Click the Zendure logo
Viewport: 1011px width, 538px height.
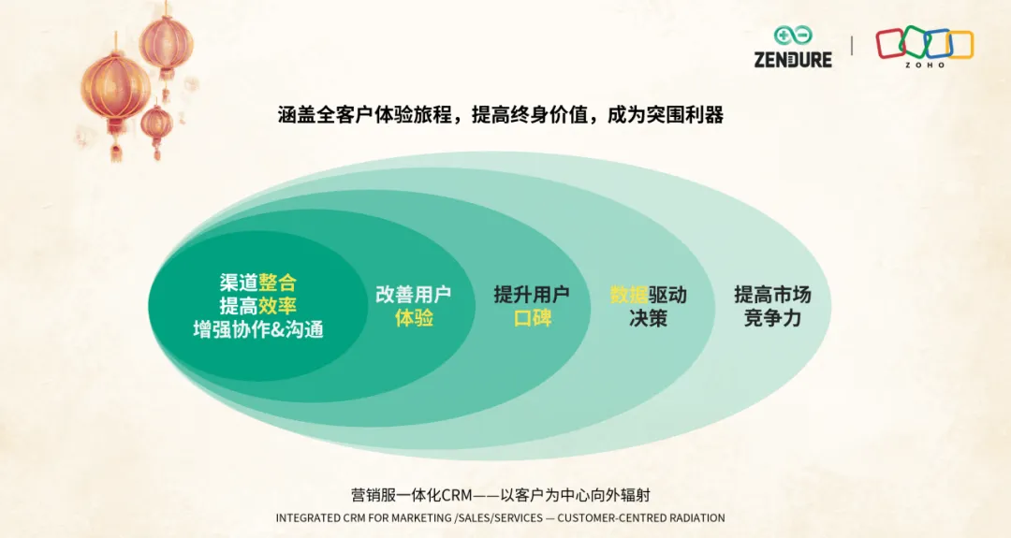tap(793, 47)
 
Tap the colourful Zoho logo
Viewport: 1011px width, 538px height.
tap(925, 47)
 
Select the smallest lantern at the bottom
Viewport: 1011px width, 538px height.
tap(156, 129)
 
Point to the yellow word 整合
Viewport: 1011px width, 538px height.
tap(277, 283)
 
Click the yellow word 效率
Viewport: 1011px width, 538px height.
tap(277, 305)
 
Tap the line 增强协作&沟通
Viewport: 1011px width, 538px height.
tap(258, 329)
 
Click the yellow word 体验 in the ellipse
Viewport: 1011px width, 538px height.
tap(414, 317)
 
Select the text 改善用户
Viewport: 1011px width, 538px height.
tap(414, 295)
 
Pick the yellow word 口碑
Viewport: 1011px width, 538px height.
tap(533, 317)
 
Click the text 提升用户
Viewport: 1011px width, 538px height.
tap(532, 295)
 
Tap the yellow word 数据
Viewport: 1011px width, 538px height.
tap(629, 295)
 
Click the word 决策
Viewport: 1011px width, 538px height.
tap(648, 317)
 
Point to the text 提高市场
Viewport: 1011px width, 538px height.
tap(772, 295)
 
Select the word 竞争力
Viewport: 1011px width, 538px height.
tap(772, 317)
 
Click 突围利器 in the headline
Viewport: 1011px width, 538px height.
tap(685, 115)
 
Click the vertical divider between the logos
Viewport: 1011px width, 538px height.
tap(853, 46)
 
